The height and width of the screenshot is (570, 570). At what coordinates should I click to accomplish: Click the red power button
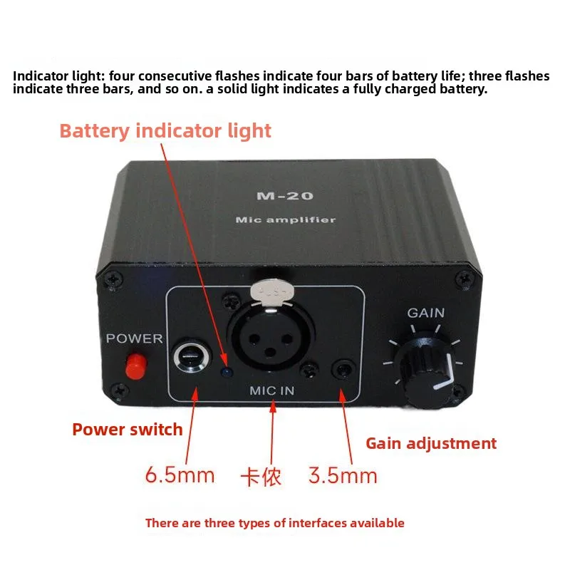point(136,366)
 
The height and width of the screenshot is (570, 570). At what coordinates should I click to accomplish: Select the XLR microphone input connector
point(271,336)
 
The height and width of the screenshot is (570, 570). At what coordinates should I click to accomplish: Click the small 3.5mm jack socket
point(343,370)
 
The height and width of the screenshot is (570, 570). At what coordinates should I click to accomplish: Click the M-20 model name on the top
point(284,196)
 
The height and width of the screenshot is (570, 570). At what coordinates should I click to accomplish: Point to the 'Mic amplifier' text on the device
point(286,219)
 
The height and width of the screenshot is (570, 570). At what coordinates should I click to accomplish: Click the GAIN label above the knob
point(425,313)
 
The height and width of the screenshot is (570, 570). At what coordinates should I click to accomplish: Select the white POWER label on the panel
point(134,338)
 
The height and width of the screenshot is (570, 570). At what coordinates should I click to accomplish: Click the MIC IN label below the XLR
point(272,390)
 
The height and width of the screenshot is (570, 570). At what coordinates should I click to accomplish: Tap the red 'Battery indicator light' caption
point(165,131)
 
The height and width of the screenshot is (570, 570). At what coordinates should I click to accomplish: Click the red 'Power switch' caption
point(128,430)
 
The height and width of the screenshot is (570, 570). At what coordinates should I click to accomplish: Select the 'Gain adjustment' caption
point(431,443)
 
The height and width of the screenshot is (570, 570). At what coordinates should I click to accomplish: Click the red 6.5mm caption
point(180,475)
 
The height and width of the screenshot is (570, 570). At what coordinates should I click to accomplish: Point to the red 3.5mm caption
point(343,475)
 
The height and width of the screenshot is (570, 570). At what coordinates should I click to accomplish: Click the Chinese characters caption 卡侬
point(261,477)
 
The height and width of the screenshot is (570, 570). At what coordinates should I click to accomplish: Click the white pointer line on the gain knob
point(447,375)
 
